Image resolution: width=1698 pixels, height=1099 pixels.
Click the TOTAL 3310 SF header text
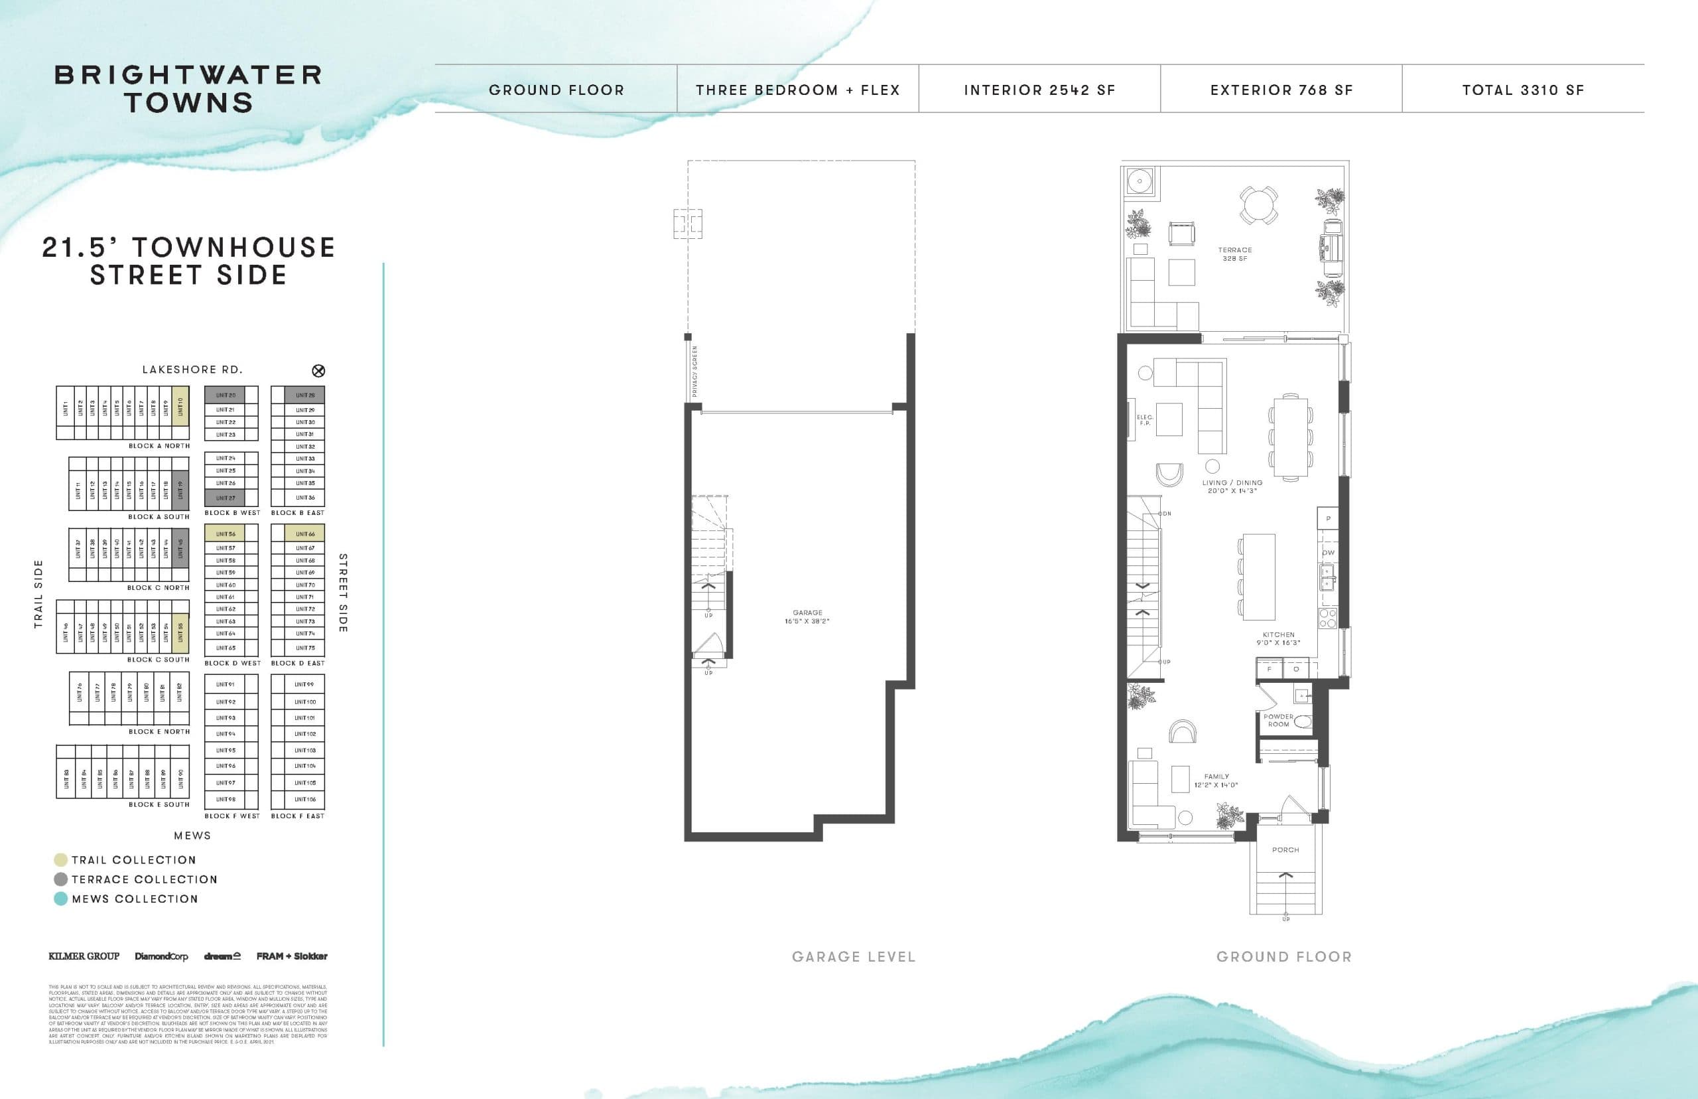click(x=1523, y=90)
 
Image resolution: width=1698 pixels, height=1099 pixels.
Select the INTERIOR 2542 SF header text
click(x=1039, y=90)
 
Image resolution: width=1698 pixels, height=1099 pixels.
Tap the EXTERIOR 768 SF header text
click(x=1281, y=90)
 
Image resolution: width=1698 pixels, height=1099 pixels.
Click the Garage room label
click(x=807, y=617)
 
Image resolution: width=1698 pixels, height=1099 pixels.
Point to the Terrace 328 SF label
click(x=1234, y=254)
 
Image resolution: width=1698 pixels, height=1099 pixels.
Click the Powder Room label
click(x=1278, y=720)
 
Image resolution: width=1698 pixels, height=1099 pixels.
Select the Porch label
click(x=1285, y=850)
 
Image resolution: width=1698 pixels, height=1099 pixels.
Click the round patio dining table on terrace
click(x=1259, y=205)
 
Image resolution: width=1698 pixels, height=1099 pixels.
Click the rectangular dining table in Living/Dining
click(x=1291, y=437)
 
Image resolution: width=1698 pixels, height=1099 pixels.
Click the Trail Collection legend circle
click(x=60, y=860)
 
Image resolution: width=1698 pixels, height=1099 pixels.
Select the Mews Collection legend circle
click(x=60, y=899)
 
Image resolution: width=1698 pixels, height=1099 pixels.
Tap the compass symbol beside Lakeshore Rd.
click(x=319, y=370)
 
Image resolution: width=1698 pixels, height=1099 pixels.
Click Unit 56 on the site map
click(x=226, y=534)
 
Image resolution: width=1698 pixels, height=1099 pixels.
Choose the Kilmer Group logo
click(x=84, y=956)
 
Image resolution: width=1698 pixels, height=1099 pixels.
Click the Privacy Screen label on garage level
click(x=694, y=371)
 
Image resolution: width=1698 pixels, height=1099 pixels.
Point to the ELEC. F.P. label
click(x=1145, y=420)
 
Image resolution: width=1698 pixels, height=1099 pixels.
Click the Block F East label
click(x=297, y=816)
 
